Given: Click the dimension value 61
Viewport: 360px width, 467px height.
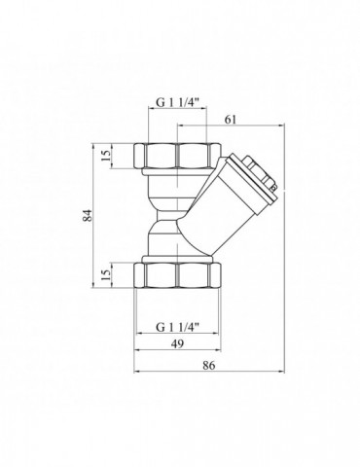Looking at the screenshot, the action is (x=231, y=120).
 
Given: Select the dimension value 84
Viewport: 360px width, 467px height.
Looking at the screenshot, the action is (x=88, y=216).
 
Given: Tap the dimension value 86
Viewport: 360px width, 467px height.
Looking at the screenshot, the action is (x=209, y=366).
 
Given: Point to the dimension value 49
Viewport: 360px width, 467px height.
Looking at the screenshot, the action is (x=177, y=343).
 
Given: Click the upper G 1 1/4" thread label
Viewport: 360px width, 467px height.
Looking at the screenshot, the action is (x=177, y=102).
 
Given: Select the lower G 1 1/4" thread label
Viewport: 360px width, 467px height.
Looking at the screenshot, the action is (x=177, y=327).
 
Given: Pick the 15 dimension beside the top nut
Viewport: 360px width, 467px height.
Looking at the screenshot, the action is (x=106, y=156).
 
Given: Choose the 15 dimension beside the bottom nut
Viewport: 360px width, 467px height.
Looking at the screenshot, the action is (x=106, y=275).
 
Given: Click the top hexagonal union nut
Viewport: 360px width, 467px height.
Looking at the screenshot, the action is (x=177, y=156).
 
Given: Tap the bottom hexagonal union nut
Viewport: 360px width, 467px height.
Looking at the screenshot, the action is (x=177, y=275).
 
